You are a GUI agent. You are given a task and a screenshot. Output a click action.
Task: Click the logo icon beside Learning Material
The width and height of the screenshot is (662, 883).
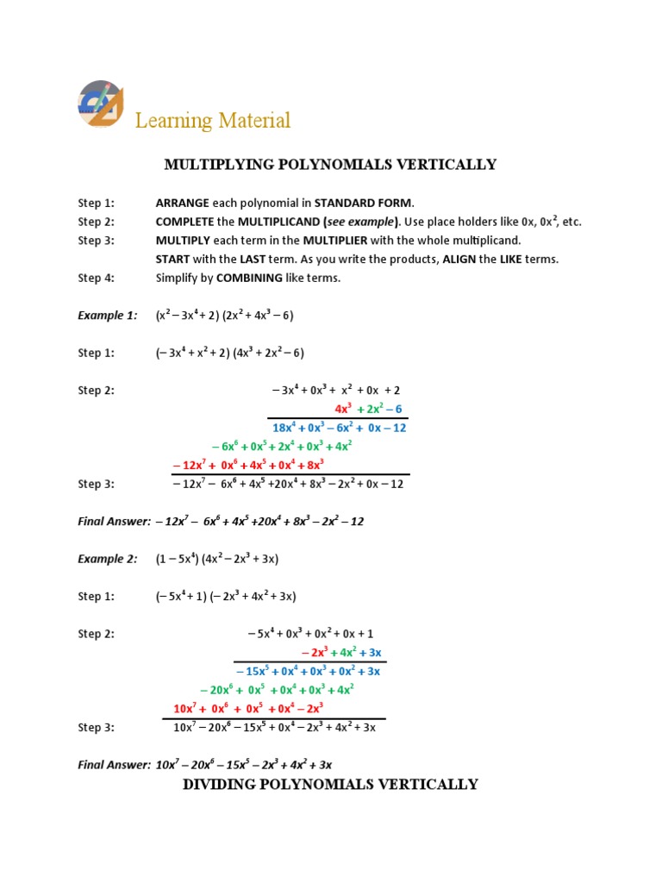tap(101, 103)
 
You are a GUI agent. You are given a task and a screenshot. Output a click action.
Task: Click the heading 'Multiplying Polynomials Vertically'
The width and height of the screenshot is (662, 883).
tap(330, 164)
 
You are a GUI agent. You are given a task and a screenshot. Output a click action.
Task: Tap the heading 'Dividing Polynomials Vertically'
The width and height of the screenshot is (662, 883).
tap(330, 784)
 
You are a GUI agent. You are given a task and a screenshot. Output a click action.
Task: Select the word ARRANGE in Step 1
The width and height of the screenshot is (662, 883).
tap(182, 204)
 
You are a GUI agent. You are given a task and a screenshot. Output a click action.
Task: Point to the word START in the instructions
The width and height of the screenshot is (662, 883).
tap(173, 259)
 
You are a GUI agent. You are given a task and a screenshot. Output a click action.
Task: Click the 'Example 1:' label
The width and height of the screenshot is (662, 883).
tap(107, 316)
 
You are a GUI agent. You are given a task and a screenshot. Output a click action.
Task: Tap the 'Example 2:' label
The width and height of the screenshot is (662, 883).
tap(107, 559)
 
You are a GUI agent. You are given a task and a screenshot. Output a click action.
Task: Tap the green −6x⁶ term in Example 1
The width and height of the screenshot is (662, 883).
tap(227, 447)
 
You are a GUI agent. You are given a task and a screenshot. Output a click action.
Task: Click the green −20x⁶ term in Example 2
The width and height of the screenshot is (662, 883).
tap(215, 690)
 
